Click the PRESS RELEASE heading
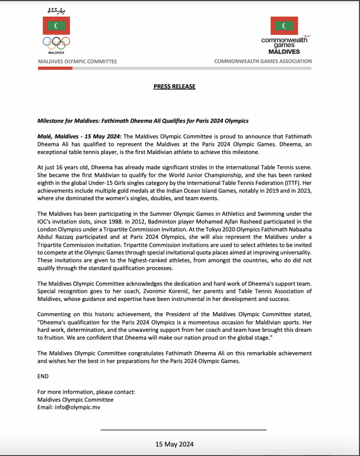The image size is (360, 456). coord(174,87)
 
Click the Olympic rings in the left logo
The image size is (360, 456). coord(56,43)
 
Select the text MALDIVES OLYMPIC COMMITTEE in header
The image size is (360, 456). coord(78,62)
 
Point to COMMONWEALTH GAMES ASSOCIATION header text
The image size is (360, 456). coord(263,62)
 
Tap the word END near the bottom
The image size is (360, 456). coord(44,377)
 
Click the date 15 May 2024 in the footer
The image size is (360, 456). coord(174,444)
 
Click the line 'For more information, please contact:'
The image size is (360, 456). coord(86,392)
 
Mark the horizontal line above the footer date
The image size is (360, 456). coord(184,430)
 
